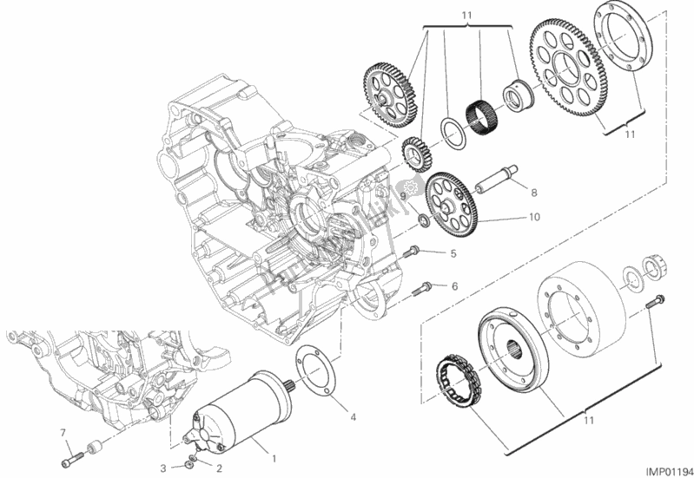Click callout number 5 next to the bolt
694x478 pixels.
click(452, 254)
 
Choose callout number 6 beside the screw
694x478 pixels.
click(454, 286)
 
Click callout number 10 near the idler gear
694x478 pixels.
click(532, 219)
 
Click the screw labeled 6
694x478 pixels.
click(422, 288)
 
